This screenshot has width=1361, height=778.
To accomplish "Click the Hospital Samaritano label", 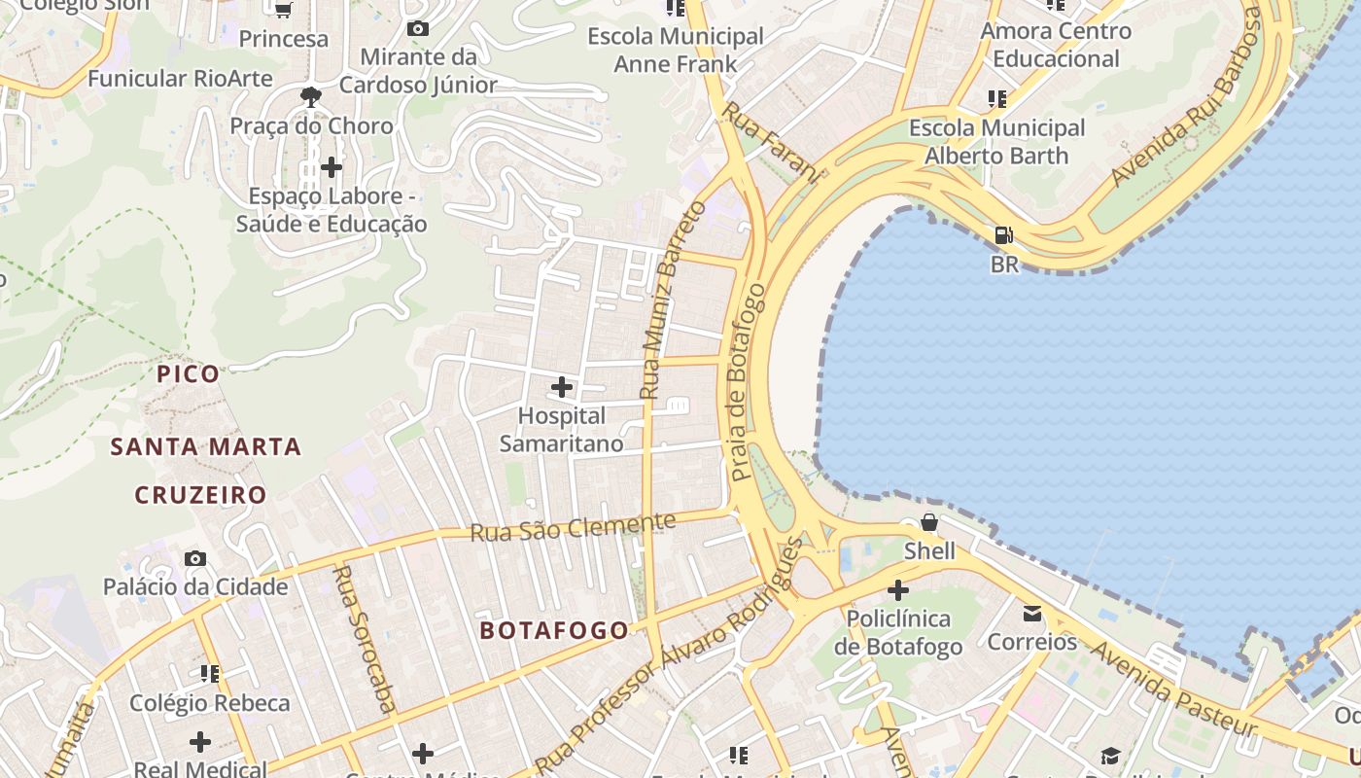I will click(x=561, y=430).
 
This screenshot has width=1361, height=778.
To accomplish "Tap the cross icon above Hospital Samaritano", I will click(x=561, y=388).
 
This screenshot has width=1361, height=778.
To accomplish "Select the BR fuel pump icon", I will click(x=1003, y=235).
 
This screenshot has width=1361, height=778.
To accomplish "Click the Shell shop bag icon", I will click(x=929, y=523).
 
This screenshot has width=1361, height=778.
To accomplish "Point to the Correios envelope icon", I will click(x=1031, y=614).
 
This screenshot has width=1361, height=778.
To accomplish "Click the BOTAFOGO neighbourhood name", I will click(x=554, y=630).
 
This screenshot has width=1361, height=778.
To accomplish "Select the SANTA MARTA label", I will click(x=205, y=447).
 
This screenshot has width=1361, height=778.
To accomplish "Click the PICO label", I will click(x=189, y=373).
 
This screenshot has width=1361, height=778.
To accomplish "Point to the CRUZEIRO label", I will click(x=200, y=495).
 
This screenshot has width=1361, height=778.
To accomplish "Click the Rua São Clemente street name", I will click(x=573, y=527).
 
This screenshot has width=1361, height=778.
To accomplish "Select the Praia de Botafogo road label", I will click(x=748, y=382).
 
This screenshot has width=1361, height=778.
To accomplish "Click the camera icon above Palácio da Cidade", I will click(x=195, y=559).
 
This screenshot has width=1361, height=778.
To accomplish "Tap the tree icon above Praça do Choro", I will click(x=311, y=96).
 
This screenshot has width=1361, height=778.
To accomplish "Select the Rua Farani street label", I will click(x=771, y=141).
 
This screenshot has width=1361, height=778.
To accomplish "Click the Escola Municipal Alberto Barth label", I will click(x=996, y=142).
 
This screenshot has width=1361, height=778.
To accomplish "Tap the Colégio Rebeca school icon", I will click(x=209, y=673).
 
